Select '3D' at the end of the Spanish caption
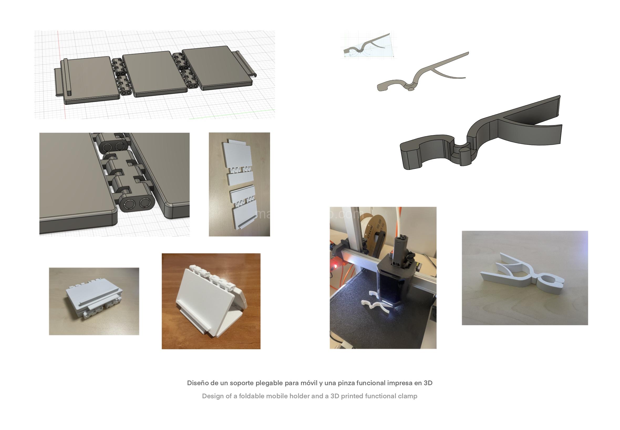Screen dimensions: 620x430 428,383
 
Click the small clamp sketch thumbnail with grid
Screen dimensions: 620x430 368,45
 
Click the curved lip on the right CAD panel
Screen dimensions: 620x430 247,65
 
